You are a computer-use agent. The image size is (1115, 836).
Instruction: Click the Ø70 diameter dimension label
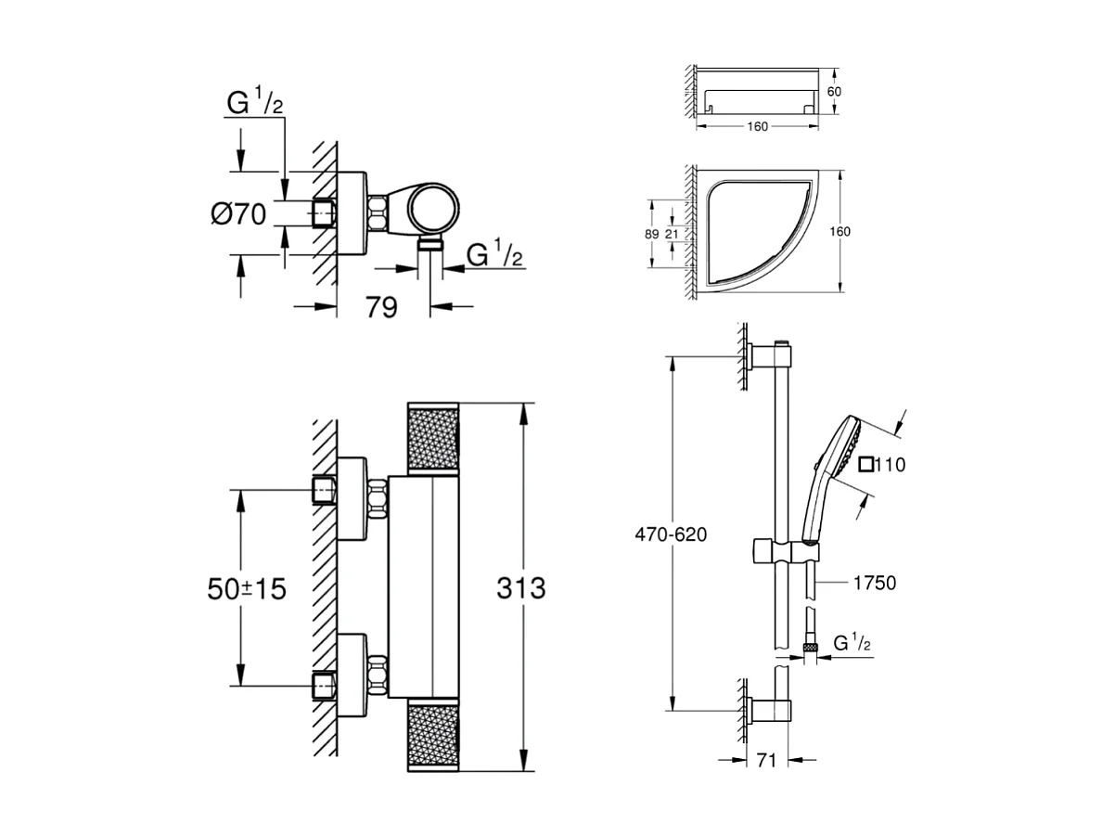click(x=238, y=214)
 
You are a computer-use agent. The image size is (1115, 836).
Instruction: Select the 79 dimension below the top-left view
click(x=381, y=306)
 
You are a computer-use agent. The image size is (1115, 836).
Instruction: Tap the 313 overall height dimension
click(x=520, y=587)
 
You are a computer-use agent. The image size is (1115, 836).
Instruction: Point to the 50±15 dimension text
click(x=245, y=587)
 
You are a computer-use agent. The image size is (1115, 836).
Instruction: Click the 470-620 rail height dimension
click(x=671, y=534)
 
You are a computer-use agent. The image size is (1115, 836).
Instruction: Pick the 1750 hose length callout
click(x=874, y=583)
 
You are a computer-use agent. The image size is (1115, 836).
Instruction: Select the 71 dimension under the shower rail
click(x=766, y=761)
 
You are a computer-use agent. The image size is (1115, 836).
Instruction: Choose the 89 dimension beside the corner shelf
click(x=652, y=234)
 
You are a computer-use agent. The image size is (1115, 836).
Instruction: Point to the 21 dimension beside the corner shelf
click(x=671, y=234)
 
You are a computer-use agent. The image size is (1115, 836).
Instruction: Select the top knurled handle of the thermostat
click(x=433, y=439)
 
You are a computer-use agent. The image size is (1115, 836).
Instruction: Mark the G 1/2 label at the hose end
click(x=851, y=643)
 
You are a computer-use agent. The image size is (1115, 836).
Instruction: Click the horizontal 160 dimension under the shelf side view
click(x=757, y=127)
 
